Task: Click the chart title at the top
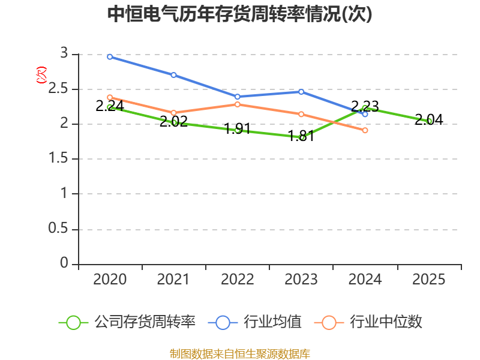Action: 240,14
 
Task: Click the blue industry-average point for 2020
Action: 110,57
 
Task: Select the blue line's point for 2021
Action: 173,75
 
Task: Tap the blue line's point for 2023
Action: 301,92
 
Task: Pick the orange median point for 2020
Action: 110,97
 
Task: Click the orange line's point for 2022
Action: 238,104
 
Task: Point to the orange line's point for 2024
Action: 365,130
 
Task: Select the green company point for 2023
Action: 301,137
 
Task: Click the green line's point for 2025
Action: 429,121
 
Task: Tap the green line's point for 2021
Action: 173,122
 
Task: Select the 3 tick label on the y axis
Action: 64,54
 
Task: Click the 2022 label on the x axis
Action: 238,280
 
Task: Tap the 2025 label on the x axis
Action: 429,280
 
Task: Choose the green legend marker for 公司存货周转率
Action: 73,322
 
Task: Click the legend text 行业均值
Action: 272,322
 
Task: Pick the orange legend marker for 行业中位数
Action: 328,322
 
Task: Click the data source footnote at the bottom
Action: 240,353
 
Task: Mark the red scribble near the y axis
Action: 41,75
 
